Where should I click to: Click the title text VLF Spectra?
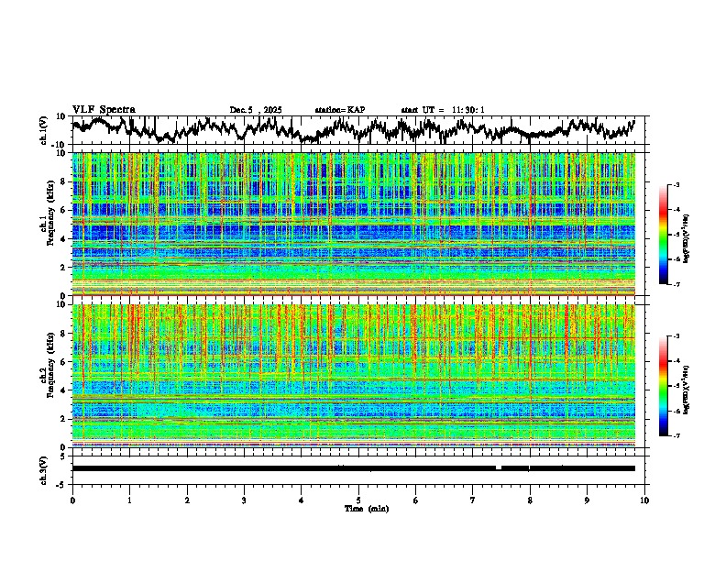(x=104, y=109)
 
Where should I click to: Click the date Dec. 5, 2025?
(x=256, y=110)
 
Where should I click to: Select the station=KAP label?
(x=339, y=110)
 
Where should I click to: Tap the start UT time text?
(x=443, y=110)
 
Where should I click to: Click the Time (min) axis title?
(x=358, y=508)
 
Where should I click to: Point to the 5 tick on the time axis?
(x=358, y=500)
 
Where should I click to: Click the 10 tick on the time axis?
(x=644, y=500)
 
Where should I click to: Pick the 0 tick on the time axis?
(x=72, y=500)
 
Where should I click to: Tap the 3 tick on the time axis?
(x=244, y=500)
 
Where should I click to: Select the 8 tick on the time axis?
(x=530, y=500)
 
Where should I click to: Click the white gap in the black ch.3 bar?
(x=499, y=467)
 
